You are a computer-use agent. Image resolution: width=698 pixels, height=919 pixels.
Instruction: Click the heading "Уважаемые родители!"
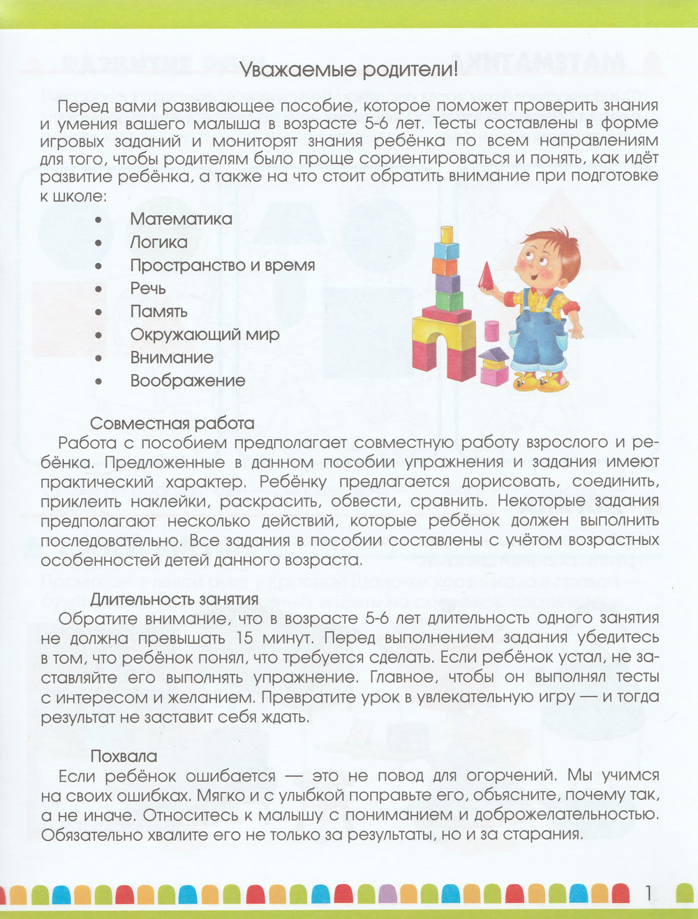click(x=348, y=70)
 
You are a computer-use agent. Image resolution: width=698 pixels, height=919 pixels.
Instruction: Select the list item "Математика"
click(x=181, y=219)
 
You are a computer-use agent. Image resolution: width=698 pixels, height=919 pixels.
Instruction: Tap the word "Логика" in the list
click(x=158, y=242)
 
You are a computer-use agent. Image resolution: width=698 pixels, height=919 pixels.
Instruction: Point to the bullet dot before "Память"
click(x=98, y=312)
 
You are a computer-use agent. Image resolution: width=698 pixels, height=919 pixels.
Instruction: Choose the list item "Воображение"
click(x=188, y=381)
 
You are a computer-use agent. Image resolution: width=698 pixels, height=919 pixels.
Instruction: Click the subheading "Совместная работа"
click(x=172, y=424)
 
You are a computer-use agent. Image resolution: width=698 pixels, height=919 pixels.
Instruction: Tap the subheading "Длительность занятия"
click(x=174, y=599)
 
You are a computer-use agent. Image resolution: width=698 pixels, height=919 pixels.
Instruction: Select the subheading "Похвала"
click(x=124, y=756)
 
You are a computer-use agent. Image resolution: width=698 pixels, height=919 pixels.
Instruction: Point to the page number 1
click(x=648, y=893)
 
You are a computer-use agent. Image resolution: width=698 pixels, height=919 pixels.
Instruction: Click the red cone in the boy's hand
click(x=487, y=276)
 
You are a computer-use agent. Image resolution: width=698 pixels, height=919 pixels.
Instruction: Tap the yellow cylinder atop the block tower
click(x=447, y=234)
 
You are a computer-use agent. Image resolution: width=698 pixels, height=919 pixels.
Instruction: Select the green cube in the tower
click(x=449, y=301)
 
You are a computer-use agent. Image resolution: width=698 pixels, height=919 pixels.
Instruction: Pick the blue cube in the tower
click(x=446, y=251)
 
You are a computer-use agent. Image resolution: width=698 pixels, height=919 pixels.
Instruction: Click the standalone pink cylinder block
click(x=491, y=330)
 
